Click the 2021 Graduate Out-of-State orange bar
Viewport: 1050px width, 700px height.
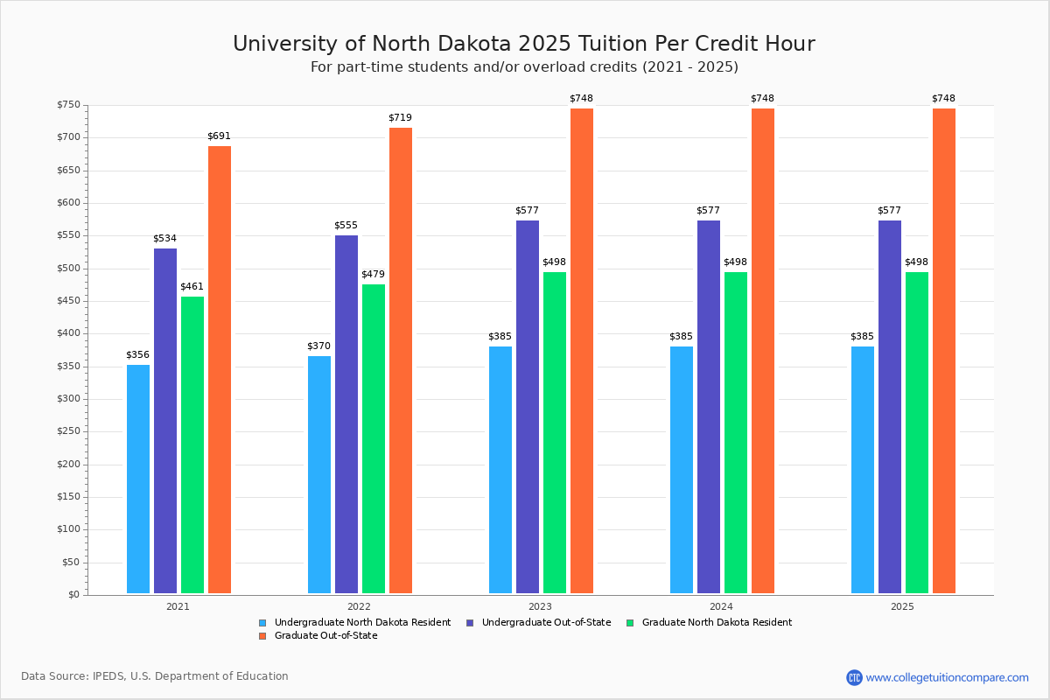tap(220, 369)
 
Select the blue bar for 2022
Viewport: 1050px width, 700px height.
tap(319, 474)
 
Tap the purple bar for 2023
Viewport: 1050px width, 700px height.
tap(528, 407)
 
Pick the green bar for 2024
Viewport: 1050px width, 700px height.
tap(736, 432)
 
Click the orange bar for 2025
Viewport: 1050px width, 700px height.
tap(944, 351)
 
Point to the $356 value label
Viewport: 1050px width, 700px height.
tap(138, 354)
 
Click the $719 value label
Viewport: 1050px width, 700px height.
tap(400, 117)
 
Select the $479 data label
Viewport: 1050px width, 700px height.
tap(373, 274)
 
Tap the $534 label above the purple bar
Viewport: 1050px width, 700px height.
tap(165, 238)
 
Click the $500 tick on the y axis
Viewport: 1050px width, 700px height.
tap(68, 269)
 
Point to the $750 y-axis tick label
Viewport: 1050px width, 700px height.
tap(68, 105)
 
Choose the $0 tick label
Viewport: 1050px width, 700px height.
tap(73, 595)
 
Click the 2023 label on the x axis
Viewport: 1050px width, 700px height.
tap(540, 605)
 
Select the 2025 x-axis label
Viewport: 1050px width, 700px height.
tap(902, 605)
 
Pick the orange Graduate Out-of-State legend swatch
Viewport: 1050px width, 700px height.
tap(262, 636)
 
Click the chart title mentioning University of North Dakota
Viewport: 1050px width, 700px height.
tap(523, 44)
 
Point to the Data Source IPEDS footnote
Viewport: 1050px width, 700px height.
tap(155, 676)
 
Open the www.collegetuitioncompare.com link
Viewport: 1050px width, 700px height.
tap(947, 677)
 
